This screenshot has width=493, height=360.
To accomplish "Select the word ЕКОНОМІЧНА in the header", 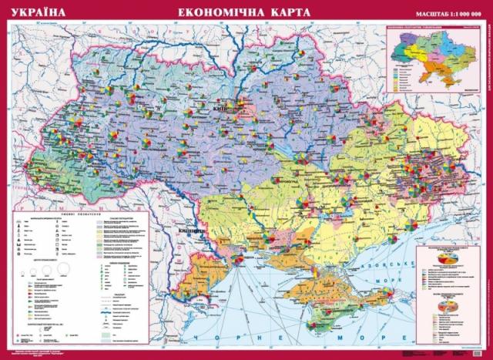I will pyautogui.click(x=216, y=13).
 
